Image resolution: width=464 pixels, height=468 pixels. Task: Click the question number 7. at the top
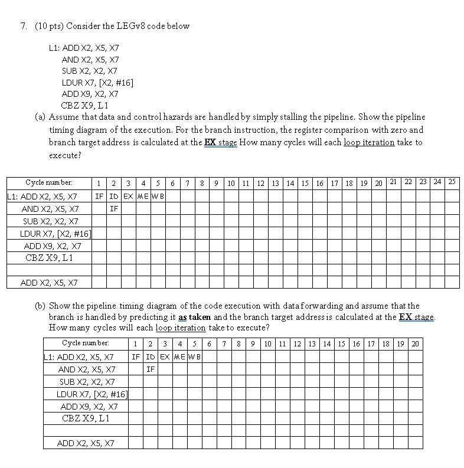pyautogui.click(x=24, y=26)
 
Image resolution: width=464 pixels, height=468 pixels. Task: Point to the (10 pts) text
pyautogui.click(x=48, y=26)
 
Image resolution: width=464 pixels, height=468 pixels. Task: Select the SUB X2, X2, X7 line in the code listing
pyautogui.click(x=90, y=71)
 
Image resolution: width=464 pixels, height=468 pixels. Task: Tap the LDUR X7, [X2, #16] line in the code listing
pyautogui.click(x=97, y=83)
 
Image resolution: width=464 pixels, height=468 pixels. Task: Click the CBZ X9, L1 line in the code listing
pyautogui.click(x=85, y=106)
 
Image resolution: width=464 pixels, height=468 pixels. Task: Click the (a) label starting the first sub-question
pyautogui.click(x=40, y=117)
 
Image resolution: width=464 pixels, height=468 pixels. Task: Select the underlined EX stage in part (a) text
pyautogui.click(x=220, y=142)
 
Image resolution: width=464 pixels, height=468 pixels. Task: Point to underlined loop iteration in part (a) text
pyautogui.click(x=369, y=142)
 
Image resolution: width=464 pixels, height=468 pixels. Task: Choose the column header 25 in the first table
pyautogui.click(x=452, y=182)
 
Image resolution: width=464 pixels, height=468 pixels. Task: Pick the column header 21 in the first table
pyautogui.click(x=393, y=182)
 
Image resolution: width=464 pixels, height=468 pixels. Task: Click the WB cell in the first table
pyautogui.click(x=158, y=196)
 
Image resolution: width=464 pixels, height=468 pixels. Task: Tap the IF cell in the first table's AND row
pyautogui.click(x=114, y=208)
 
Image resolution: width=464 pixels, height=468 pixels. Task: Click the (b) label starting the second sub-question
pyautogui.click(x=40, y=306)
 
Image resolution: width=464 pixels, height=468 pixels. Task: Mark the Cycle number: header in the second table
pyautogui.click(x=86, y=343)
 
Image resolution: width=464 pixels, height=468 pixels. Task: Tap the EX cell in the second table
pyautogui.click(x=165, y=357)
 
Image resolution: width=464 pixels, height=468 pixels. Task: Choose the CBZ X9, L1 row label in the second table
pyautogui.click(x=86, y=418)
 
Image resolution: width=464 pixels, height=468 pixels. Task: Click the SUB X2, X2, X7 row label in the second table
pyautogui.click(x=87, y=382)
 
